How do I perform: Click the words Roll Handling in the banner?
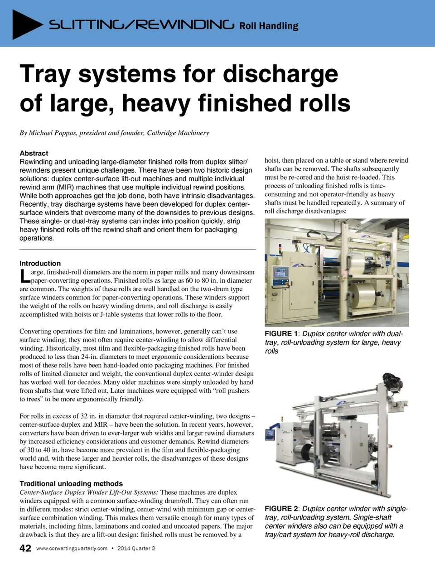click(x=269, y=26)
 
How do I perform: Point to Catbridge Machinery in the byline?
click(x=178, y=133)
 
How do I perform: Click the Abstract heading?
click(x=34, y=153)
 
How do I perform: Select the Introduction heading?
click(x=40, y=263)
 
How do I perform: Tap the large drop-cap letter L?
click(x=25, y=276)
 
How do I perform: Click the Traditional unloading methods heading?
click(x=71, y=483)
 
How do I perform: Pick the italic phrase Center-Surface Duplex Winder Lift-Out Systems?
click(x=89, y=492)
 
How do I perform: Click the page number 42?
click(x=25, y=548)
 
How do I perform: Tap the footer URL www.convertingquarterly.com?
click(x=72, y=548)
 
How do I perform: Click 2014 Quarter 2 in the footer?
click(x=136, y=548)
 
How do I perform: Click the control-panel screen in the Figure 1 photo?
click(x=281, y=273)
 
